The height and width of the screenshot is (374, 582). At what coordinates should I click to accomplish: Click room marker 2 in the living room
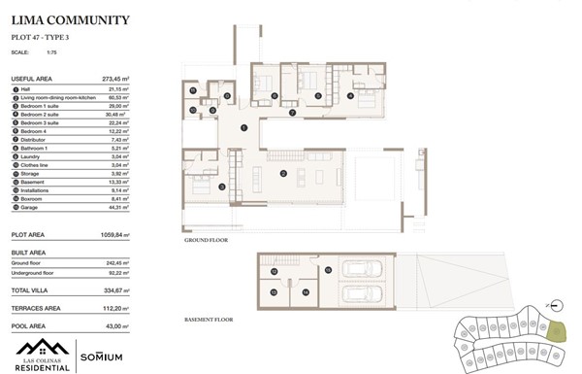[x=282, y=174]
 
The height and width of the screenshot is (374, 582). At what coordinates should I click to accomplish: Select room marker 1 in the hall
[x=243, y=128]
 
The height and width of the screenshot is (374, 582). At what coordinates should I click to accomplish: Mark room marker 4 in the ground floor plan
[x=349, y=95]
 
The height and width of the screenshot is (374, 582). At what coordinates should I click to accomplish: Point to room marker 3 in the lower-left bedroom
[x=222, y=187]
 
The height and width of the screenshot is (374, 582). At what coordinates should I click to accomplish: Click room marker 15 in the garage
[x=328, y=269]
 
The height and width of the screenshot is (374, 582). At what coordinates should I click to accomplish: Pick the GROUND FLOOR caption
[x=205, y=239]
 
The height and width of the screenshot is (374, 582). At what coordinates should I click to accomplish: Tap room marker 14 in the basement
[x=304, y=290]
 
